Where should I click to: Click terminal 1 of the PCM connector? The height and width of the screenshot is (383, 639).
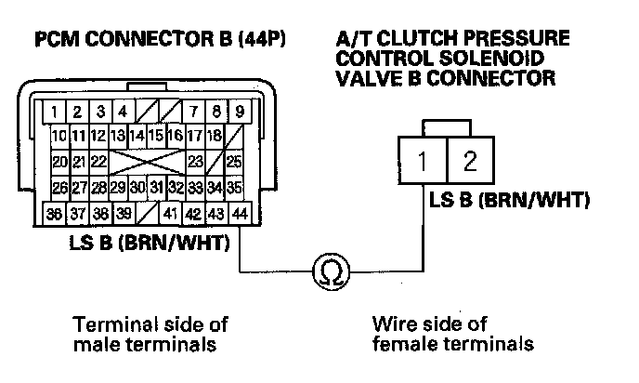pos(58,114)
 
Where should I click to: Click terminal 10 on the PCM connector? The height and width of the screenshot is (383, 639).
pos(59,138)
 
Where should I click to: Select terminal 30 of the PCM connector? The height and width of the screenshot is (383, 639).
pos(137,188)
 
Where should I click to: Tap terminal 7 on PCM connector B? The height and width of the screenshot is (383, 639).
pos(194,114)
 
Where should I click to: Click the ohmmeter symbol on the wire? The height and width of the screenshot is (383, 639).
pos(327,271)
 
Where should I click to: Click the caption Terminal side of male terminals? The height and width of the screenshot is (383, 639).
pos(150,334)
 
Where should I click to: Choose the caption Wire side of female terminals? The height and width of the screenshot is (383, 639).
pos(452,334)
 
